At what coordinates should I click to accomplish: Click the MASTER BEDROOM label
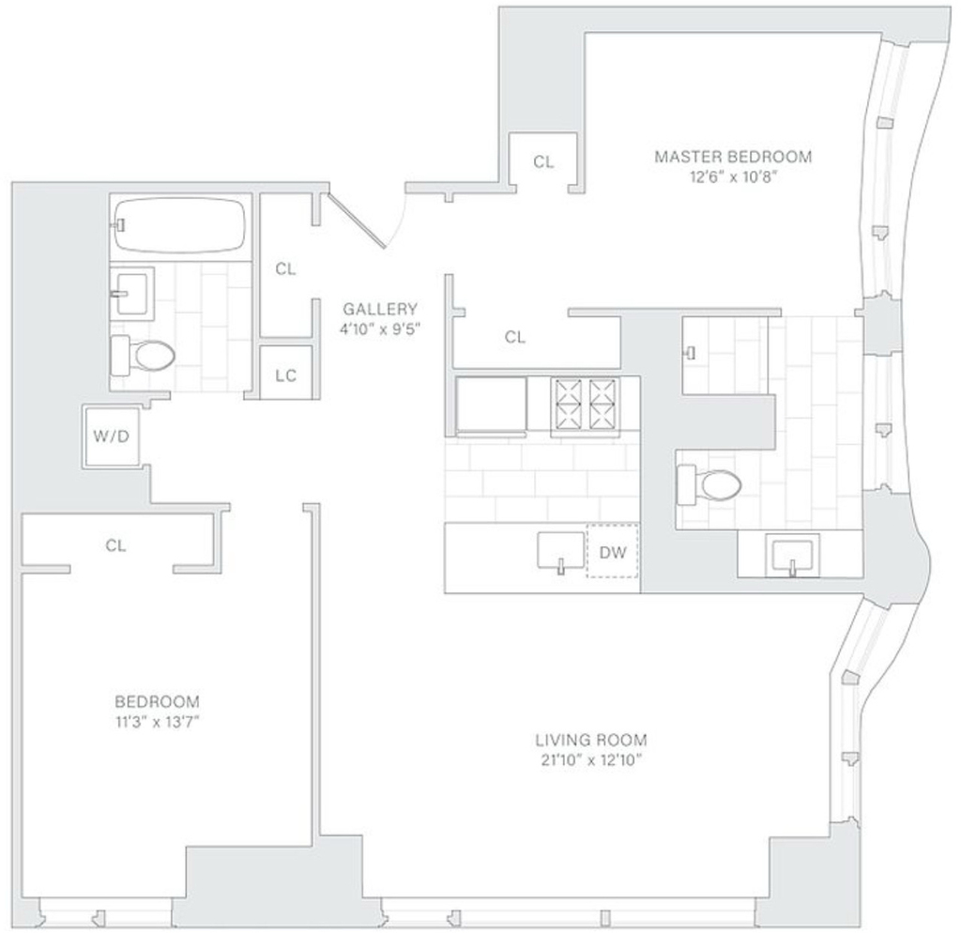click(733, 157)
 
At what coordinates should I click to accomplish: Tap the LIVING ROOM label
click(591, 741)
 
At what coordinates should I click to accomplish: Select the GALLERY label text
click(380, 309)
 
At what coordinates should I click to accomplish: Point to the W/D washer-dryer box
click(112, 436)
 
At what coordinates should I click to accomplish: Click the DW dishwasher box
click(612, 552)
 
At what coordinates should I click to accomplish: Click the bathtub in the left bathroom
click(179, 225)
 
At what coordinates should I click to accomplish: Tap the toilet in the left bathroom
click(143, 355)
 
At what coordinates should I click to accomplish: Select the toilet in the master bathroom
click(709, 485)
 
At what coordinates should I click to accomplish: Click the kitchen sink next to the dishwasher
click(561, 550)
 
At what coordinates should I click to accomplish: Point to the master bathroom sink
click(792, 556)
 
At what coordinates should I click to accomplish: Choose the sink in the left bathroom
click(131, 293)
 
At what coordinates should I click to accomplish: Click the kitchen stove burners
click(585, 404)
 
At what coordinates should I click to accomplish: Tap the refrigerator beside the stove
click(491, 405)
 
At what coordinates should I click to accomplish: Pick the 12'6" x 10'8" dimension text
click(733, 177)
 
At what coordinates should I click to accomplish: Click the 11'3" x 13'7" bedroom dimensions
click(158, 722)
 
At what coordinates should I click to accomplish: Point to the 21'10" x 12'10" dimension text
click(591, 760)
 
